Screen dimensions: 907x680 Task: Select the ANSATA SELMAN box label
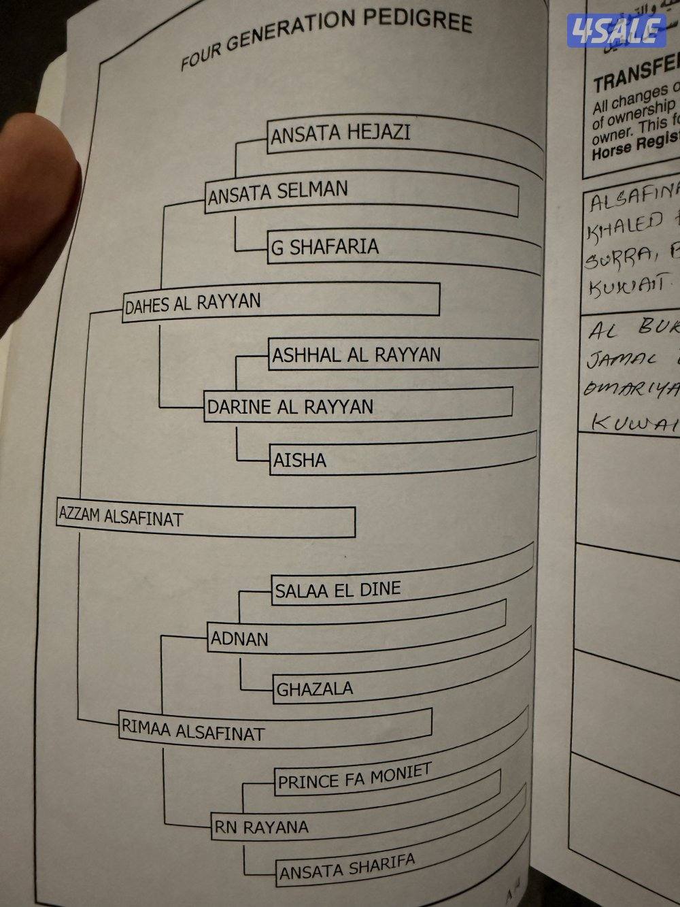(x=277, y=193)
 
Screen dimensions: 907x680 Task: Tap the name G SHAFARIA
(x=325, y=247)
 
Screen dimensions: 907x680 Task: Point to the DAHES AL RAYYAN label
(x=192, y=303)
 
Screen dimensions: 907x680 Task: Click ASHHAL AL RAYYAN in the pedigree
(x=356, y=355)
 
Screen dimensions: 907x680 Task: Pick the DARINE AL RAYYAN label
(x=290, y=407)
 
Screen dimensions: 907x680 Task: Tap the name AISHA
(x=300, y=461)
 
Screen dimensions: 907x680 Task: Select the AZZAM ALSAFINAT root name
(x=121, y=518)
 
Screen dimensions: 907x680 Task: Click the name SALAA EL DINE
(x=338, y=589)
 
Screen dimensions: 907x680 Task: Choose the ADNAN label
(x=239, y=639)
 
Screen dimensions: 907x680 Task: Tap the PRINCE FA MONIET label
(x=354, y=778)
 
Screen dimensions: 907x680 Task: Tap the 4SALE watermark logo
(x=616, y=31)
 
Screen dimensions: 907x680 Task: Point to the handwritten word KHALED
(x=626, y=221)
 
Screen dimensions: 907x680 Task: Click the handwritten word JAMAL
(x=619, y=357)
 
